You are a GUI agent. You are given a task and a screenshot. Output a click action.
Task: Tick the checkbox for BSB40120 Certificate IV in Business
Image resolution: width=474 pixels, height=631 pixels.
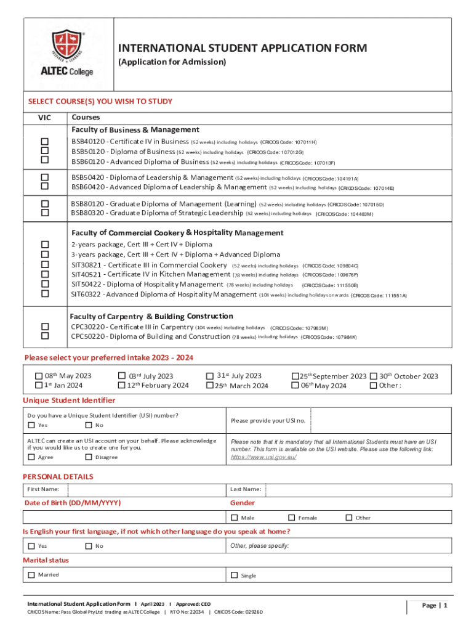45,142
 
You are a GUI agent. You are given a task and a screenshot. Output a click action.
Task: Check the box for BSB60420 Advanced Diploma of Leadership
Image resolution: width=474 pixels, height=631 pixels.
45,187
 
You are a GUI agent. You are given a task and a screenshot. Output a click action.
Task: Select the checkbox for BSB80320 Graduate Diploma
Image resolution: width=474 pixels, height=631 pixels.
45,213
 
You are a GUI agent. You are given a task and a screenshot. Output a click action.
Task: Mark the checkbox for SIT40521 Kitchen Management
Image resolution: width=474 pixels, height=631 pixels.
45,274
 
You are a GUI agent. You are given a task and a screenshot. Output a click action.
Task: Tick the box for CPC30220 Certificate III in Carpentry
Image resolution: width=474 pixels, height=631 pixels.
45,327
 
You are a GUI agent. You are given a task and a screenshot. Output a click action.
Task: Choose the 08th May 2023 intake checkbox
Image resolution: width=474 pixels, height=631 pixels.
39,376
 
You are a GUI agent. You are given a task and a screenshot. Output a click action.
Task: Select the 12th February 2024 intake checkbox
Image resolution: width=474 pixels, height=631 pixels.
122,386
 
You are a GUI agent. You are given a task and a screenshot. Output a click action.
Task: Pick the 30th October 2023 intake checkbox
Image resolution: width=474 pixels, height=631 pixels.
373,376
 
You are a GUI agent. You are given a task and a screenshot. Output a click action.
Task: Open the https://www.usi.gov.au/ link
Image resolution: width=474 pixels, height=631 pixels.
259,458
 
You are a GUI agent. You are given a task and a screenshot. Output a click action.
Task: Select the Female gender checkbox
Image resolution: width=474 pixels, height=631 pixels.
292,518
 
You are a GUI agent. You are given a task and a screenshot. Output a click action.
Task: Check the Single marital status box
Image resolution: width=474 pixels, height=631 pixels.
235,576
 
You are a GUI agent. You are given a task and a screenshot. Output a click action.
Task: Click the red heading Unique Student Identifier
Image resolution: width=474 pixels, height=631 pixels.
69,401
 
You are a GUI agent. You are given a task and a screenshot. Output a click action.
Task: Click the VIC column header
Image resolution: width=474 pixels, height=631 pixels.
44,118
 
